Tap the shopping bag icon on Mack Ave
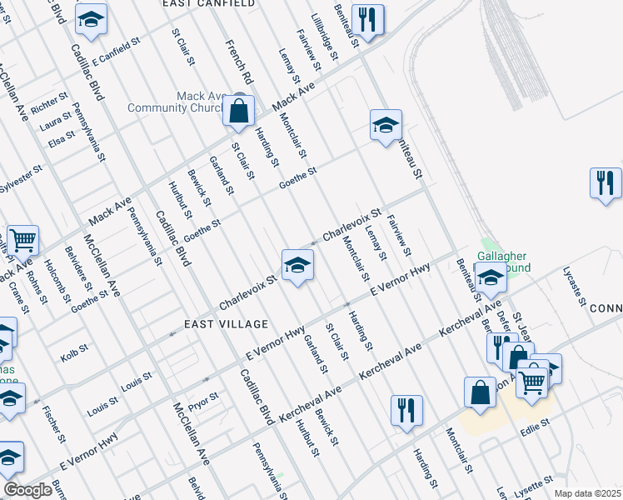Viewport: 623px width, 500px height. pos(239,111)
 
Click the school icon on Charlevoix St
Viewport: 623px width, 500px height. pos(297,265)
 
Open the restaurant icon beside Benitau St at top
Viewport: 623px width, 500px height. pos(366,19)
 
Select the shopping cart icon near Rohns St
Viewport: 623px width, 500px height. pos(22,241)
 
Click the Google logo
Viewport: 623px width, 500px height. pos(27,490)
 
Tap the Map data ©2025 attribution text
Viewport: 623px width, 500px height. pos(587,493)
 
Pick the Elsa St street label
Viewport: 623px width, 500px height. pos(62,140)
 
